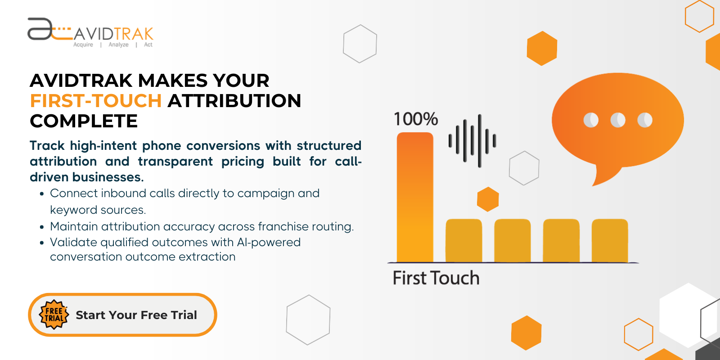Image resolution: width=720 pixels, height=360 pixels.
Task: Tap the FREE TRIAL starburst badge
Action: coord(54,315)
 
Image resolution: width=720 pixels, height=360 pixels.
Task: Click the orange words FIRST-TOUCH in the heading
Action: coord(96,101)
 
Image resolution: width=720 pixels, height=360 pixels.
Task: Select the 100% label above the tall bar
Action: coord(416,119)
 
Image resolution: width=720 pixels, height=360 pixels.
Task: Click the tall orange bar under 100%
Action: coord(415,198)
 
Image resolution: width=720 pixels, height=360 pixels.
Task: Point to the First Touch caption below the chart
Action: coord(436,278)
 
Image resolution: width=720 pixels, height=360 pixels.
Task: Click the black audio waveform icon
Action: coord(472,141)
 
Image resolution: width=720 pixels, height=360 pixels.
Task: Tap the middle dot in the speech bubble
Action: coord(618,120)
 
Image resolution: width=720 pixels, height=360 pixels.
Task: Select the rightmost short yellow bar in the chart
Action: coord(610,240)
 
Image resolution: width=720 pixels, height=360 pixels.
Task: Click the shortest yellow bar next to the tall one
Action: coord(463,240)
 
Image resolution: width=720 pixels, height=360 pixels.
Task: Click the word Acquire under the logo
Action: coord(83,45)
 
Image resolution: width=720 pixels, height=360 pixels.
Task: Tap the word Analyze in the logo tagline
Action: coord(118,45)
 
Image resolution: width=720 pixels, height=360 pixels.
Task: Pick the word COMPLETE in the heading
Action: coord(84,121)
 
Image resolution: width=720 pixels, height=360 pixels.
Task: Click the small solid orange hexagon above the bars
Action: coord(488,199)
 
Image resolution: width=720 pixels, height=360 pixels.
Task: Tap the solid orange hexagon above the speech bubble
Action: coord(542,48)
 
